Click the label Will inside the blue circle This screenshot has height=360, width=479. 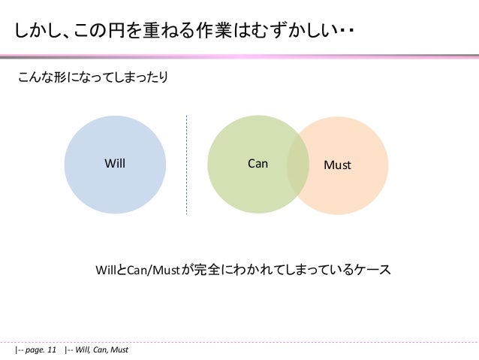[x=114, y=163]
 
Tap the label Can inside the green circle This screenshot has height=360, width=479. [x=258, y=163]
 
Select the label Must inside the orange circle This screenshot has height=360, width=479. [x=337, y=164]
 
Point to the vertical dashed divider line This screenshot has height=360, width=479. [x=186, y=165]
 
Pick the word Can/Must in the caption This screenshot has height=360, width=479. [x=152, y=269]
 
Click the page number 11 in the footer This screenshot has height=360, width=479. [x=51, y=350]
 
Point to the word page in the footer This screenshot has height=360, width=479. [x=33, y=350]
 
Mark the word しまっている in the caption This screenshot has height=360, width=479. [x=312, y=269]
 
